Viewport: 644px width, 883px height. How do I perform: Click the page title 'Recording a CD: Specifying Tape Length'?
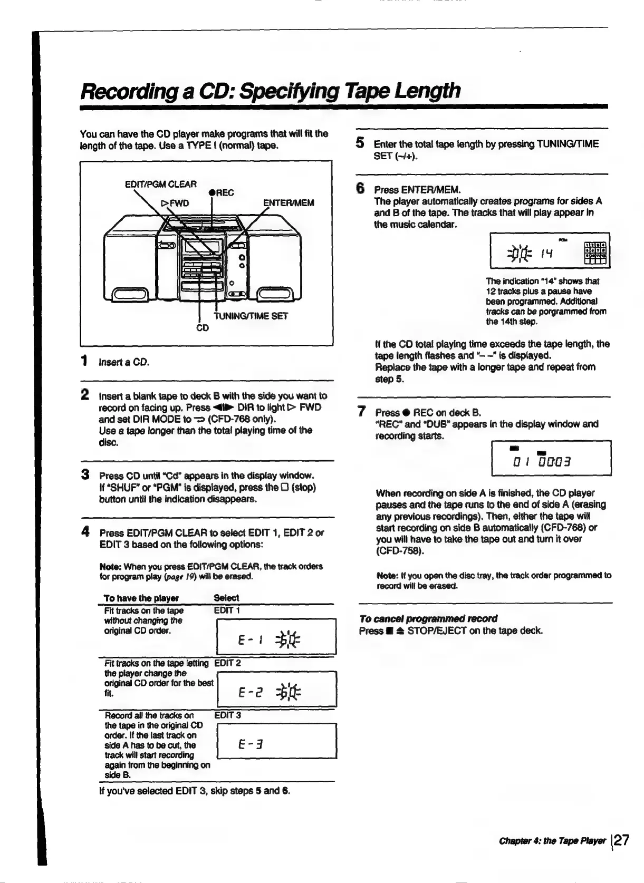pyautogui.click(x=270, y=91)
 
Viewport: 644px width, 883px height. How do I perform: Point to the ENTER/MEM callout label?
pyautogui.click(x=289, y=203)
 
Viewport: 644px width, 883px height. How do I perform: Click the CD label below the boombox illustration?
pyautogui.click(x=203, y=328)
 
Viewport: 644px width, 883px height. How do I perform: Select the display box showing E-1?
pyautogui.click(x=276, y=636)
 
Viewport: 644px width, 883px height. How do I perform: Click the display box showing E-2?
pyautogui.click(x=276, y=688)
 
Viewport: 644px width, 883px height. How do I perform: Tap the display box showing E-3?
pyautogui.click(x=276, y=741)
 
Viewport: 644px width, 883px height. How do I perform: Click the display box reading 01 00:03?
pyautogui.click(x=551, y=458)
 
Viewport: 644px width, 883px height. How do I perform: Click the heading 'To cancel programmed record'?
pyautogui.click(x=428, y=618)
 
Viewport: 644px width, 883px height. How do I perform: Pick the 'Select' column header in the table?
pyautogui.click(x=226, y=598)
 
